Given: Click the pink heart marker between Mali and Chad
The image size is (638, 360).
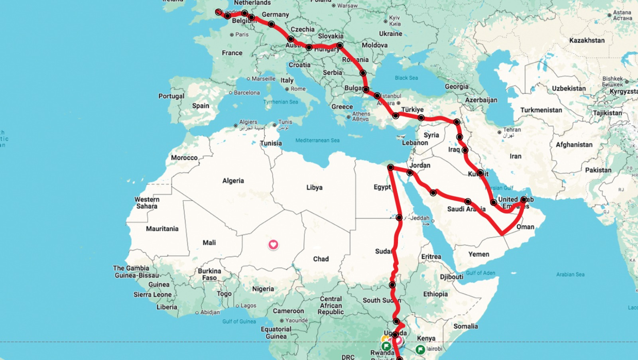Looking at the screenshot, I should coord(273,244).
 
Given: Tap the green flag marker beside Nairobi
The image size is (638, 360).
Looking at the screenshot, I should coord(420,349).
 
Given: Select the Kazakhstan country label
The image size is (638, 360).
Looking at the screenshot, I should coord(587,40).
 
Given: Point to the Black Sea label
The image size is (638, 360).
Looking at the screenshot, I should coord(406,78).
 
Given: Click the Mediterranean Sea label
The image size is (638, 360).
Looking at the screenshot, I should coord(317,140).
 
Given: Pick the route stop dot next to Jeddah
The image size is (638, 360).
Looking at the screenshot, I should coord(399,218).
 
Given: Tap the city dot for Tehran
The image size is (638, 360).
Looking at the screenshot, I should coord(499,132).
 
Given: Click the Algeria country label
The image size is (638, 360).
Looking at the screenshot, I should coord(233,181).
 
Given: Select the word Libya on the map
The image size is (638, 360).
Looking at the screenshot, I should coord(314,187).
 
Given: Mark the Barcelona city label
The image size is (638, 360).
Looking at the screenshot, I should coord(247,92).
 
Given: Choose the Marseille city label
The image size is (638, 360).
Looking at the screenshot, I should coord(263,79).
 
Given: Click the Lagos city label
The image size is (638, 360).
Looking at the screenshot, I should coord(248,305).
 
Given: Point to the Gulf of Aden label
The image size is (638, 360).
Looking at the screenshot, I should coord(480,273).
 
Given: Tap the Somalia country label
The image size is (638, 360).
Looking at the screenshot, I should coord(465,326).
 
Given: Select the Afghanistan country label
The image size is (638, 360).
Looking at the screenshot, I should coord(574,145).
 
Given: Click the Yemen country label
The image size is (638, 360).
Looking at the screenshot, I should coord(478,254).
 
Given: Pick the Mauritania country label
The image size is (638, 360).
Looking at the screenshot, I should coord(162,229).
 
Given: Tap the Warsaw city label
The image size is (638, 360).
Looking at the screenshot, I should coord(347,6).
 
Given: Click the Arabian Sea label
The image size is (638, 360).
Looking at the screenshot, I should coord(570,274).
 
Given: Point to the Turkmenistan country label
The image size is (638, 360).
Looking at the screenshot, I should coord(541,110).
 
